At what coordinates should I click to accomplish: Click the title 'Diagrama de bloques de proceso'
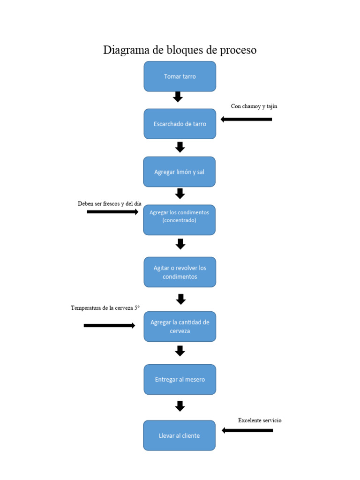(x=180, y=50)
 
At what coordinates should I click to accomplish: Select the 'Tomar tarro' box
(x=180, y=76)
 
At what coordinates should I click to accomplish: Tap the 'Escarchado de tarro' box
(x=180, y=124)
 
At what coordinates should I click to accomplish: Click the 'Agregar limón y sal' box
(x=179, y=172)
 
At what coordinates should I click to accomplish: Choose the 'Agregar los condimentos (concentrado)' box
(x=179, y=220)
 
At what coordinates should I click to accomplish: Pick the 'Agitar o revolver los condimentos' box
(x=180, y=272)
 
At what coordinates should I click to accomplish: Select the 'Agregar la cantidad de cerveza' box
(x=180, y=326)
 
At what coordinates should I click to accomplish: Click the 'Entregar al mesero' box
(x=180, y=379)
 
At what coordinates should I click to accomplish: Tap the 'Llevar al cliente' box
(x=179, y=435)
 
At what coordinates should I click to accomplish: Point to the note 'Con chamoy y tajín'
(x=254, y=106)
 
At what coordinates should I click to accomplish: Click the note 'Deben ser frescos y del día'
(x=109, y=204)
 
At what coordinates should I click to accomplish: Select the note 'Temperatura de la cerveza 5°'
(x=105, y=308)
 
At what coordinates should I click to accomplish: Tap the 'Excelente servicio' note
(x=259, y=420)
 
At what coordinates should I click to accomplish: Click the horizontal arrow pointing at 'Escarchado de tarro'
(x=246, y=120)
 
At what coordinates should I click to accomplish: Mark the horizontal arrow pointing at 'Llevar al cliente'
(x=247, y=430)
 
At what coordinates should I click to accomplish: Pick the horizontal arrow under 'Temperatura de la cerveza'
(x=109, y=325)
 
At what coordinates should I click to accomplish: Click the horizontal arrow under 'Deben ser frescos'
(x=112, y=212)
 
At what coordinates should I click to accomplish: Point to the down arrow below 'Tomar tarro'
(x=178, y=97)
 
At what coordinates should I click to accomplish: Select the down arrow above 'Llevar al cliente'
(x=180, y=406)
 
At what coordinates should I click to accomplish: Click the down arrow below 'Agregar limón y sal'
(x=180, y=193)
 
